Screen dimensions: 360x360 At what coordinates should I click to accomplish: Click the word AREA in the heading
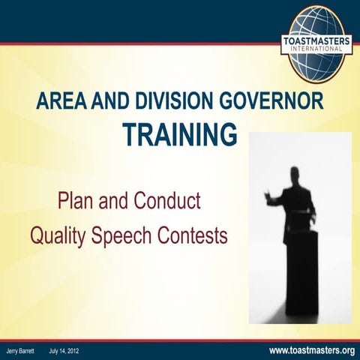point(60,103)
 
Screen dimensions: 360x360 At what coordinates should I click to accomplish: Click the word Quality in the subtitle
point(58,237)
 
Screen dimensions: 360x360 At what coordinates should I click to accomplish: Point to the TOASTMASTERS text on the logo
point(319,40)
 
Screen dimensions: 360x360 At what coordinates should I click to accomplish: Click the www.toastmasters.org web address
point(311,350)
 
